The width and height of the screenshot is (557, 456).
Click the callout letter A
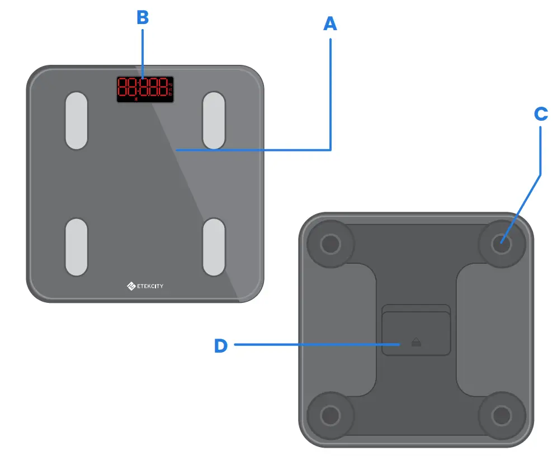(330, 23)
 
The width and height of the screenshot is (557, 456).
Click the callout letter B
(143, 17)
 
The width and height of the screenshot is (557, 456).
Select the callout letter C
(540, 113)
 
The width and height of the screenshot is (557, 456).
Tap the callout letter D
(221, 345)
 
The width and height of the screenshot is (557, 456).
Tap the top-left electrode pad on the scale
(77, 121)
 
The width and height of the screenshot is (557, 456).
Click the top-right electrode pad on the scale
(214, 121)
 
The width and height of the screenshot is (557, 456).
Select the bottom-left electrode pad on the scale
(77, 247)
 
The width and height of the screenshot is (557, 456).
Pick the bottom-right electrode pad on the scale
(214, 247)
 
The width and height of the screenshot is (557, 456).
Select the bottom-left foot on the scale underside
(330, 415)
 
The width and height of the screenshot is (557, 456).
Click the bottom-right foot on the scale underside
(501, 415)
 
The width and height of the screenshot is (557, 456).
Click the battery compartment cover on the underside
(416, 334)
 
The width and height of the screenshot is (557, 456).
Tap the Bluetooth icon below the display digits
(135, 99)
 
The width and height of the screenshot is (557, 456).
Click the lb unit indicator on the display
(170, 94)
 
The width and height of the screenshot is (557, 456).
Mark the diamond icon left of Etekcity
(131, 287)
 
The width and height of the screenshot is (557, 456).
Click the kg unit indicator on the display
(170, 83)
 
